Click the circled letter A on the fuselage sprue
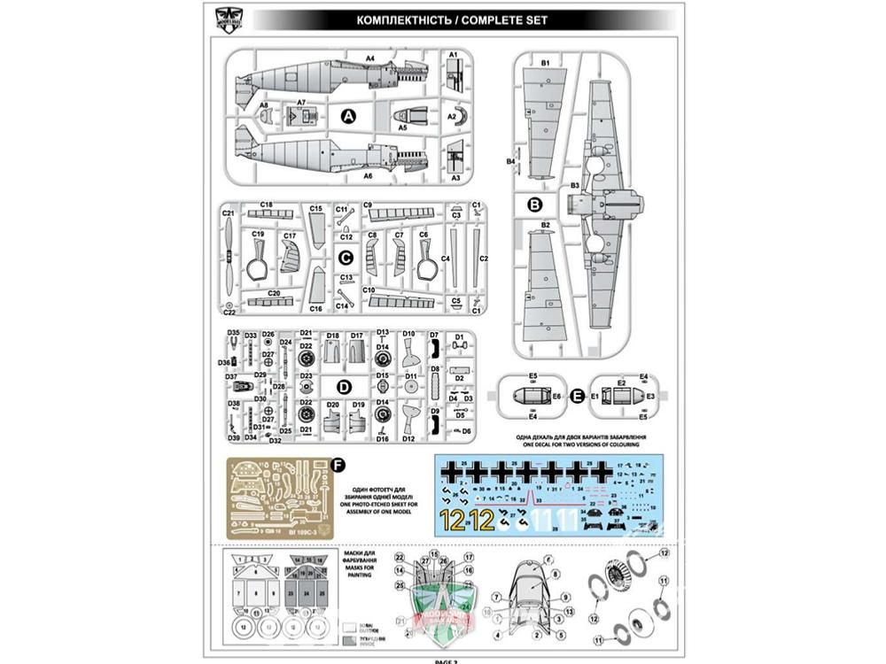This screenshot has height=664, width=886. coord(348,116)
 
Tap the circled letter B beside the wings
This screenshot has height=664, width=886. coord(534,205)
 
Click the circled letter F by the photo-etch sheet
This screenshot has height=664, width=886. coord(337,463)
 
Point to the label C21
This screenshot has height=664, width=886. coord(228,212)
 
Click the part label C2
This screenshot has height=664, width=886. coord(484,258)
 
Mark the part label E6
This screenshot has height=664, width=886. coord(556,395)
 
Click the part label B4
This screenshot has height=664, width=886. coord(510,162)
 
